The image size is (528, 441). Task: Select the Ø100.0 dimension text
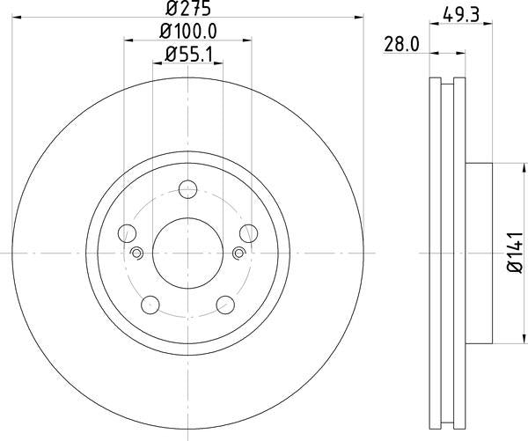pos(188,31)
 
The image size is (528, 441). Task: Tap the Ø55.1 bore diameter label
pos(188,55)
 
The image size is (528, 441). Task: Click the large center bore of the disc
pos(188,253)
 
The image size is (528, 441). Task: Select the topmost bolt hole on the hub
pos(188,189)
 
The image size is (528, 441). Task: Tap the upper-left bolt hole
pos(128,233)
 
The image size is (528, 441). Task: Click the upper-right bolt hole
pos(249,233)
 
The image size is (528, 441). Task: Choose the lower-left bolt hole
pos(151,305)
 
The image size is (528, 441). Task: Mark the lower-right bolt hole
pos(225,305)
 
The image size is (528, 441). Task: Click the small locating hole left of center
pos(136,254)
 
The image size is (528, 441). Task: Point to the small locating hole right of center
pos(239,254)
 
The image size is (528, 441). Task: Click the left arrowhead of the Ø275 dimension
pos(18,16)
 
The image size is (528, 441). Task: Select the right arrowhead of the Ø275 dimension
pos(358,16)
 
